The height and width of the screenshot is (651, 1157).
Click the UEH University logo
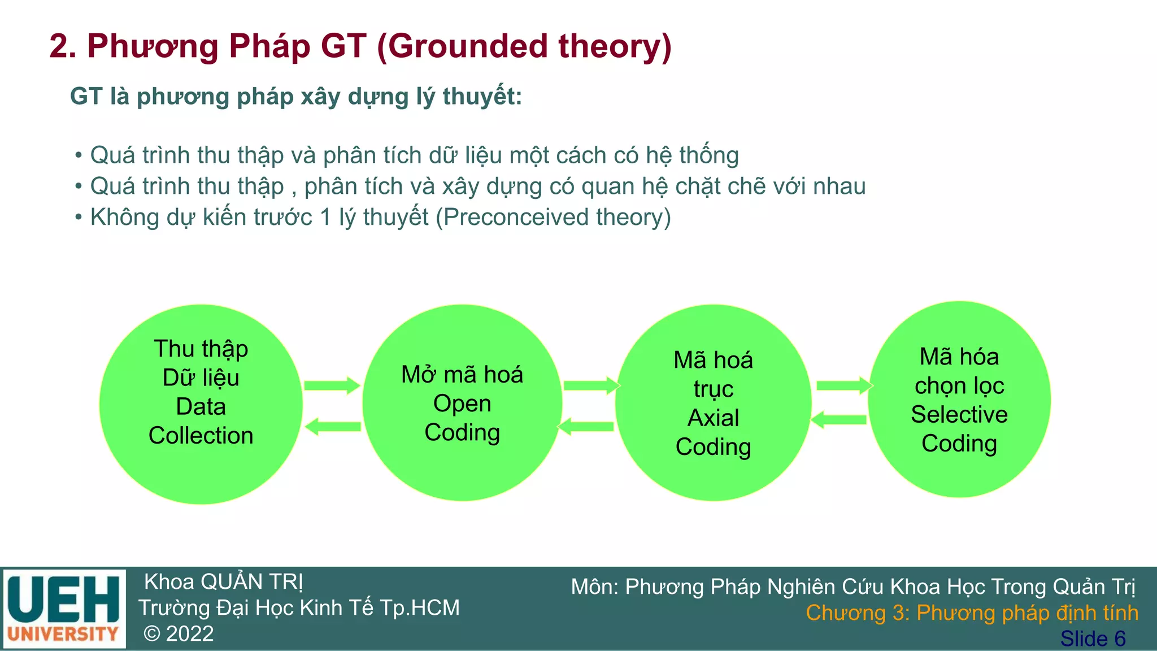point(64,609)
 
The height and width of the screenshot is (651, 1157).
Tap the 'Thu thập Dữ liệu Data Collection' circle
point(201,404)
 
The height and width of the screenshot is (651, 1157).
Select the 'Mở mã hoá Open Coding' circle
point(462,403)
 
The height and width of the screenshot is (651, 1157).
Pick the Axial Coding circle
point(713,403)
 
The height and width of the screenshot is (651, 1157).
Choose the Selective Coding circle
point(959,400)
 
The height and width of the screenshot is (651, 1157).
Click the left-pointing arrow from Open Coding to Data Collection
point(333,427)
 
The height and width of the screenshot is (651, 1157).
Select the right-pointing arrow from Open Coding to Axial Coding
point(591,386)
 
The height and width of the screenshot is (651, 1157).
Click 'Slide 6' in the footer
point(1093,639)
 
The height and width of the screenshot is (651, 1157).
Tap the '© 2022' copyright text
point(179,634)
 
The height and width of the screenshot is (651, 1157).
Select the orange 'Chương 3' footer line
point(972,613)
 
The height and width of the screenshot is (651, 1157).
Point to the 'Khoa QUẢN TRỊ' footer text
point(224,582)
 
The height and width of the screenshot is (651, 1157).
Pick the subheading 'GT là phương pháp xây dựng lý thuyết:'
point(295,97)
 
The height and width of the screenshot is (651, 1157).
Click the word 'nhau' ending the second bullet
point(839,186)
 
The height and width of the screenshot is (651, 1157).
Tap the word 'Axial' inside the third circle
point(713,418)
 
